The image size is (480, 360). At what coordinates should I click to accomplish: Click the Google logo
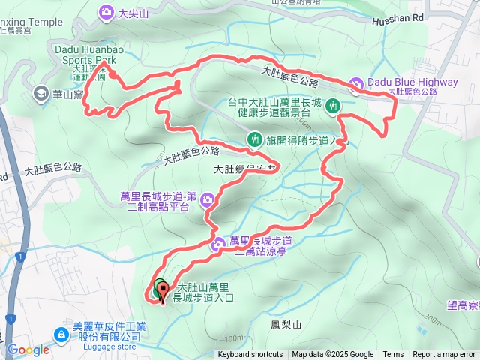(28, 349)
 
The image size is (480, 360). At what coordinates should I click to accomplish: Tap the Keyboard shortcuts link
(250, 355)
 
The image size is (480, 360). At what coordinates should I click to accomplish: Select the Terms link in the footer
(393, 355)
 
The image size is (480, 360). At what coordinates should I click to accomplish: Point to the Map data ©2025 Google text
(333, 355)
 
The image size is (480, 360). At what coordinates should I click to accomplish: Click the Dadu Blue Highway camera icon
(357, 83)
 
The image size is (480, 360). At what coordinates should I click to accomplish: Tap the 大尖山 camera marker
(105, 11)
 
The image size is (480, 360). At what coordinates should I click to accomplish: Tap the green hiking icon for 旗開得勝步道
(256, 139)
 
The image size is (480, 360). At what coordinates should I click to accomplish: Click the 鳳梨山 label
(285, 325)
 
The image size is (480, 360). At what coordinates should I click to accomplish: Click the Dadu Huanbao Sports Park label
(89, 53)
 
